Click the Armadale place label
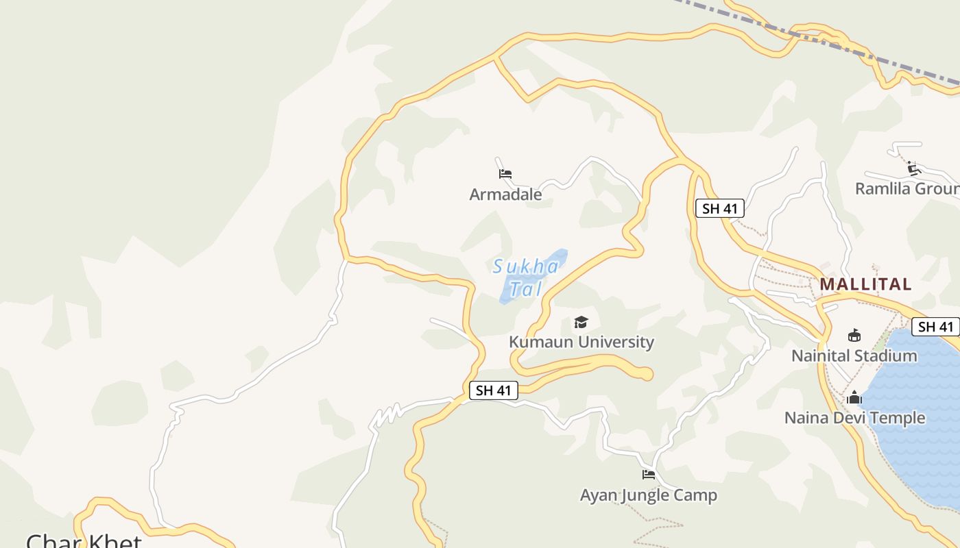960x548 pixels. (505, 195)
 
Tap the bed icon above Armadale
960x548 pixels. (505, 174)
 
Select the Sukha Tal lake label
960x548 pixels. (525, 277)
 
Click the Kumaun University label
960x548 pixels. (581, 342)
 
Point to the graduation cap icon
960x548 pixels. (581, 322)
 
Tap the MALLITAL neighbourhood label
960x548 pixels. (865, 284)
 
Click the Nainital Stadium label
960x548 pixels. (854, 356)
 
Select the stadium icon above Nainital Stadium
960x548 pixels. (854, 336)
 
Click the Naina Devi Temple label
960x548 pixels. (854, 417)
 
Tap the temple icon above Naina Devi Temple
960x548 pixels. (854, 397)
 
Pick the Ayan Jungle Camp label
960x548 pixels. (649, 495)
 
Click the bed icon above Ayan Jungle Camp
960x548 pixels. (649, 474)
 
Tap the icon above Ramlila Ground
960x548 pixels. (913, 169)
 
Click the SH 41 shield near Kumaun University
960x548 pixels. (494, 390)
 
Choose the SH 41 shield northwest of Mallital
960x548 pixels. (720, 208)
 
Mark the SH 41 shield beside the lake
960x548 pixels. (935, 327)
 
